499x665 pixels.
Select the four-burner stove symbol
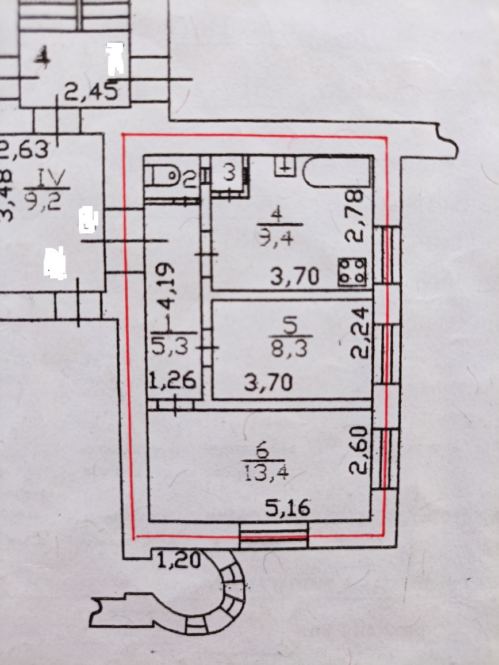pos(353,271)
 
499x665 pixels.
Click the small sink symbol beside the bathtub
pos(286,166)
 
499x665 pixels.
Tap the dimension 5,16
pos(287,507)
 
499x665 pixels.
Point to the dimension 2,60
pos(358,450)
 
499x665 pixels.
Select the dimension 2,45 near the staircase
pos(91,91)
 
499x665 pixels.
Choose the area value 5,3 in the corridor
pos(172,346)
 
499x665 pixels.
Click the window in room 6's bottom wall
pos(274,537)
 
